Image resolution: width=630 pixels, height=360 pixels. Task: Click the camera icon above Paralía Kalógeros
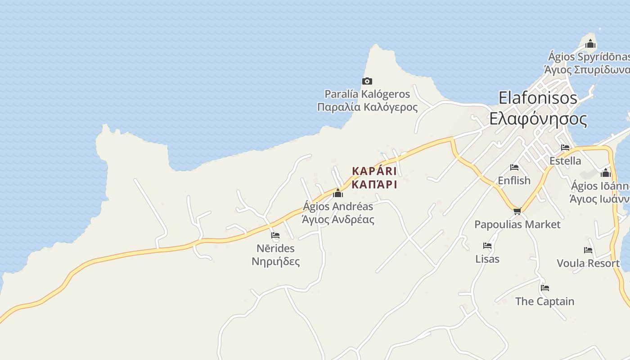367,81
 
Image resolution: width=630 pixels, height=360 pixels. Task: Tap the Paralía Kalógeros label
367,100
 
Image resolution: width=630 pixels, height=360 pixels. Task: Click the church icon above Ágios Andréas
337,193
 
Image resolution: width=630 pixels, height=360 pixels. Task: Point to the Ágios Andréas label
338,213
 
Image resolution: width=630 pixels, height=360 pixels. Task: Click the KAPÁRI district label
374,178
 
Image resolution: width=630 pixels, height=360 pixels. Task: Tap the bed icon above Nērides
275,235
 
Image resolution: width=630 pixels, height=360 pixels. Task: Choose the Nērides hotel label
275,255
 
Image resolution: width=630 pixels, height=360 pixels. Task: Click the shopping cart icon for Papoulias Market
517,211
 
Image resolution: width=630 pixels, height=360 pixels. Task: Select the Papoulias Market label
517,224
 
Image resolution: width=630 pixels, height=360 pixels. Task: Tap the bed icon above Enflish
514,167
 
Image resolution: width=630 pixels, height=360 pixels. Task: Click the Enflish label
514,180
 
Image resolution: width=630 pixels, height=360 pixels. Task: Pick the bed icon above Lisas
487,246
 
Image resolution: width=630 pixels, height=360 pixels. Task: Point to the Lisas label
487,259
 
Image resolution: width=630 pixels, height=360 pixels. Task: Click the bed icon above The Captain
545,288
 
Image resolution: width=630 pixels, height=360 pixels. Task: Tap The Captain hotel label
544,301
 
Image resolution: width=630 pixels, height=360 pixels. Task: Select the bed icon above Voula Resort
588,250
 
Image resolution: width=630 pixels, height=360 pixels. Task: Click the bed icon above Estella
565,148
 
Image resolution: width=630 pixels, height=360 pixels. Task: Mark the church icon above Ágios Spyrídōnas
590,44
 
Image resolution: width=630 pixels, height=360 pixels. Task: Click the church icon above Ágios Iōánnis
606,173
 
